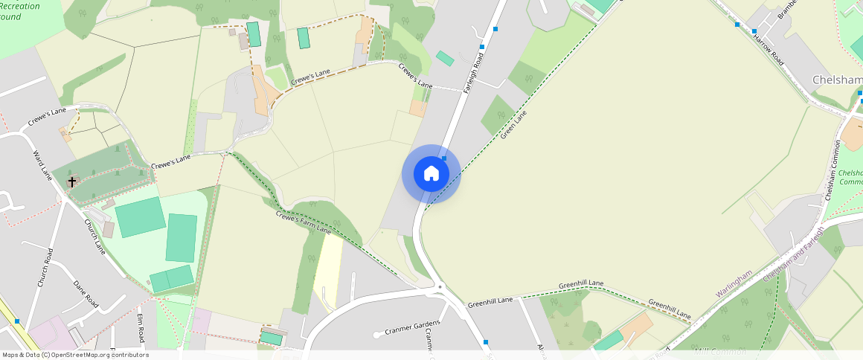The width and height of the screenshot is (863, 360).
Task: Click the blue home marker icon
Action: click(431, 174)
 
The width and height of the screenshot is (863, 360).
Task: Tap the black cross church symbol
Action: click(73, 181)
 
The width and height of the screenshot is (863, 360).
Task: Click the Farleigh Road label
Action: click(474, 71)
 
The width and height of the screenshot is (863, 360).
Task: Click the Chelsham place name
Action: click(837, 80)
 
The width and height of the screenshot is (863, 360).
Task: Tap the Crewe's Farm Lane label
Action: click(303, 222)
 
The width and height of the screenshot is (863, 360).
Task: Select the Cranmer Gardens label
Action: click(412, 327)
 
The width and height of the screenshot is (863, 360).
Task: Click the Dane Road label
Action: click(86, 294)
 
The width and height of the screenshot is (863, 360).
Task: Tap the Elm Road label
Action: click(140, 327)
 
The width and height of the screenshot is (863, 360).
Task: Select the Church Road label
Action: click(45, 267)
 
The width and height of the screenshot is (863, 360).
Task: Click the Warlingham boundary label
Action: click(734, 283)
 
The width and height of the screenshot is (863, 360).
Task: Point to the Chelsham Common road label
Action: click(833, 170)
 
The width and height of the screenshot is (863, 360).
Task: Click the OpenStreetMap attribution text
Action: click(74, 355)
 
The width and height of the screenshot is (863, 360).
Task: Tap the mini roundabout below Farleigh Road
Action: click(440, 286)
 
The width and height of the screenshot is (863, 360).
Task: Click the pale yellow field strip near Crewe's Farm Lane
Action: click(328, 271)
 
